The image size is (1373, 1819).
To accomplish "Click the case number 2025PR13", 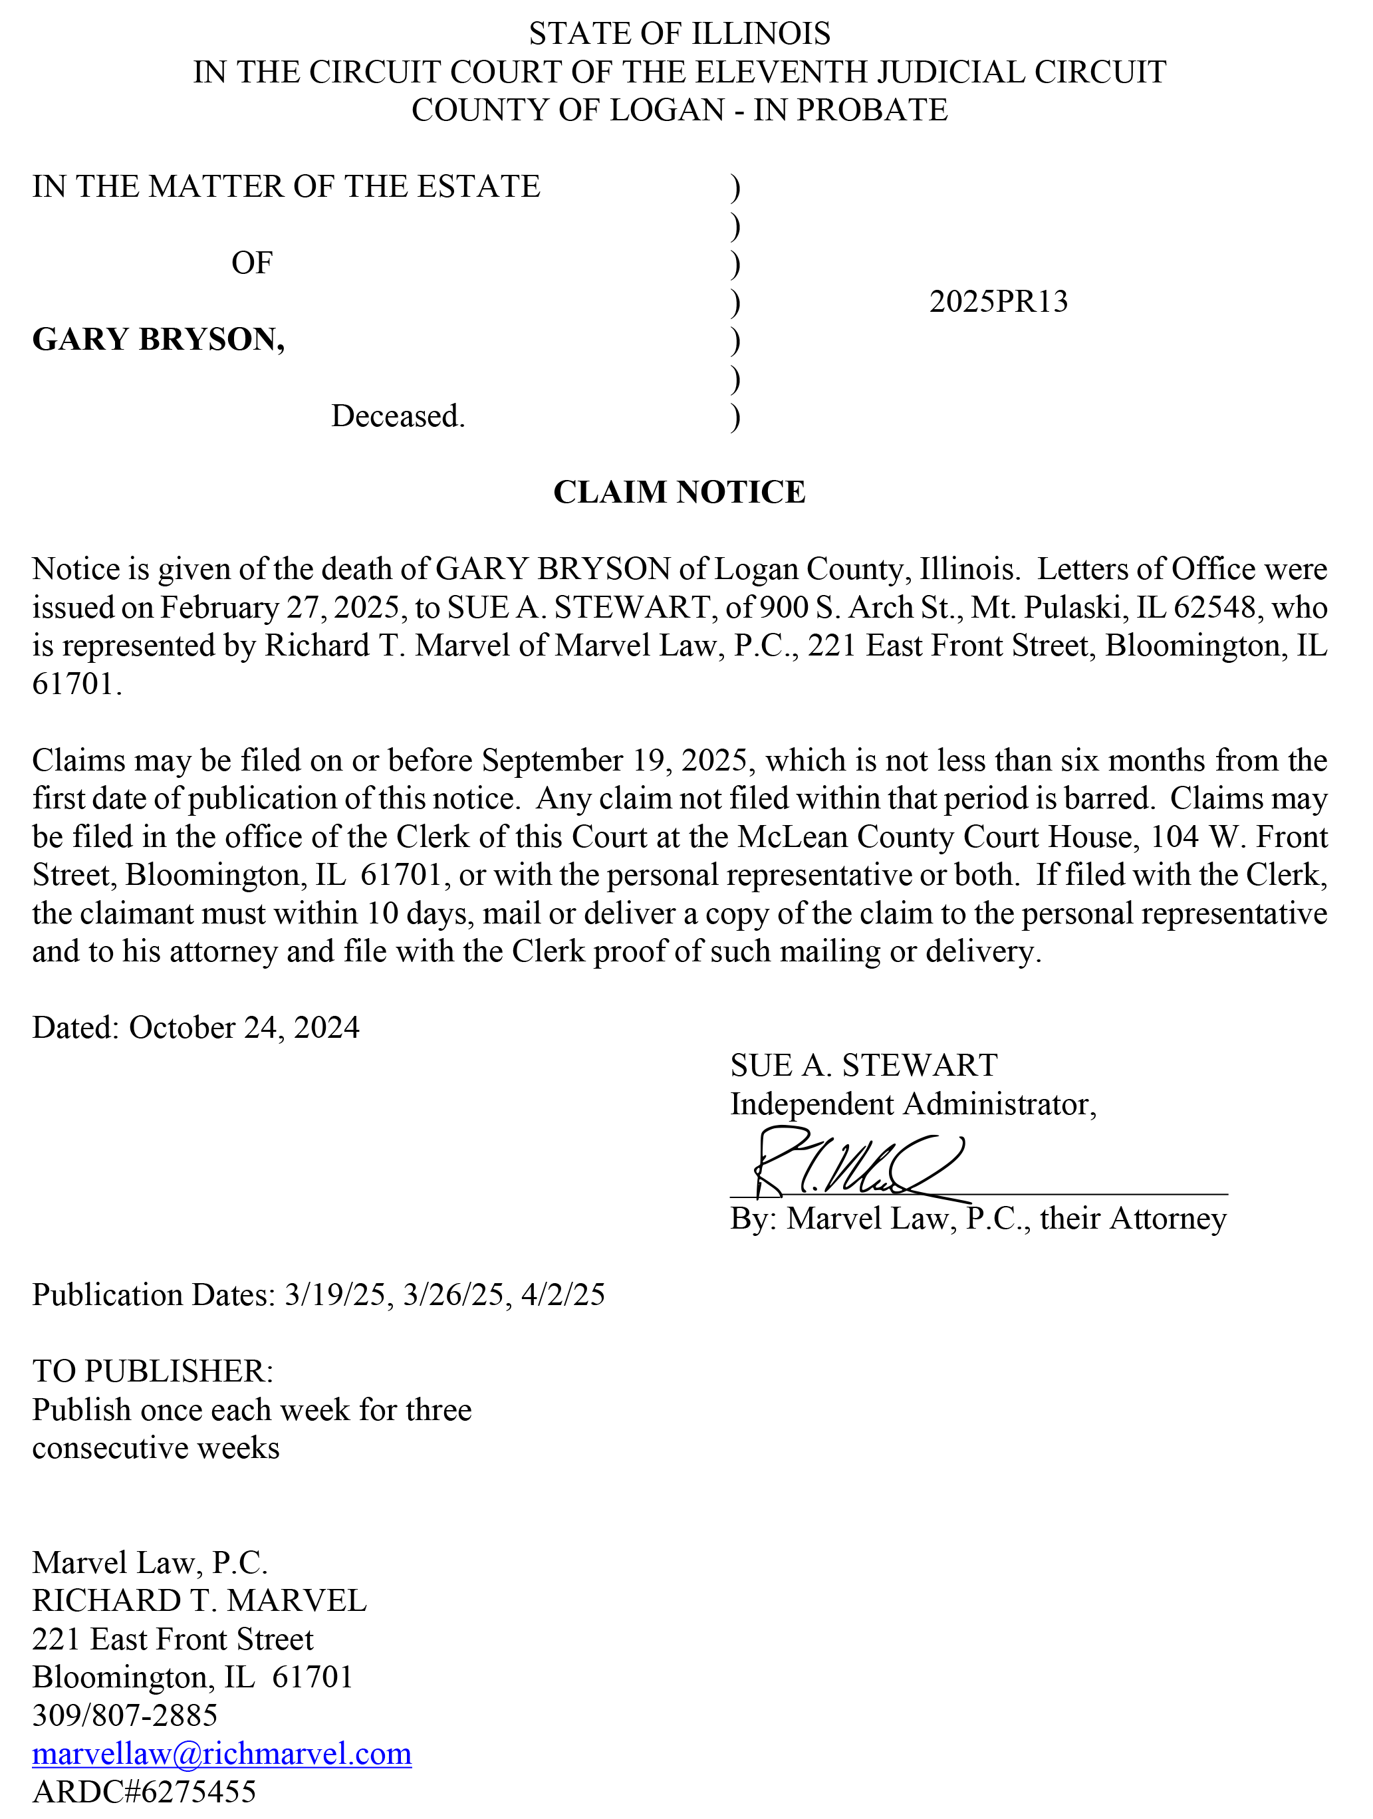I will (998, 302).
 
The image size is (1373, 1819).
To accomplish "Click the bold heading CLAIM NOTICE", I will (679, 492).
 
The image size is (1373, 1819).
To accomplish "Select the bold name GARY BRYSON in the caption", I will (158, 340).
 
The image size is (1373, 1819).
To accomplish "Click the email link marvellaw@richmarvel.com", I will (222, 1753).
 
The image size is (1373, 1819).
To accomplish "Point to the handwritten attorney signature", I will (855, 1166).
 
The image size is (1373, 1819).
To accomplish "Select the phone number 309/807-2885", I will (125, 1715).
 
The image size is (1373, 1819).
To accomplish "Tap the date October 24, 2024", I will (244, 1028).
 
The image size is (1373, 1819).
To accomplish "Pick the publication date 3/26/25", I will (453, 1295).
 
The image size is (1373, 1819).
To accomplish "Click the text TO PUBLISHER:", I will (153, 1372).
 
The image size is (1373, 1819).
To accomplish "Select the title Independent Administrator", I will (913, 1104).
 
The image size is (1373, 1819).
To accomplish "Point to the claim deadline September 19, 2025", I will (615, 761).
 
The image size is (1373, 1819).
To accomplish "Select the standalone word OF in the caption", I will (251, 263).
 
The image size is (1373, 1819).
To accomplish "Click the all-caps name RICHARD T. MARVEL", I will (199, 1600).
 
